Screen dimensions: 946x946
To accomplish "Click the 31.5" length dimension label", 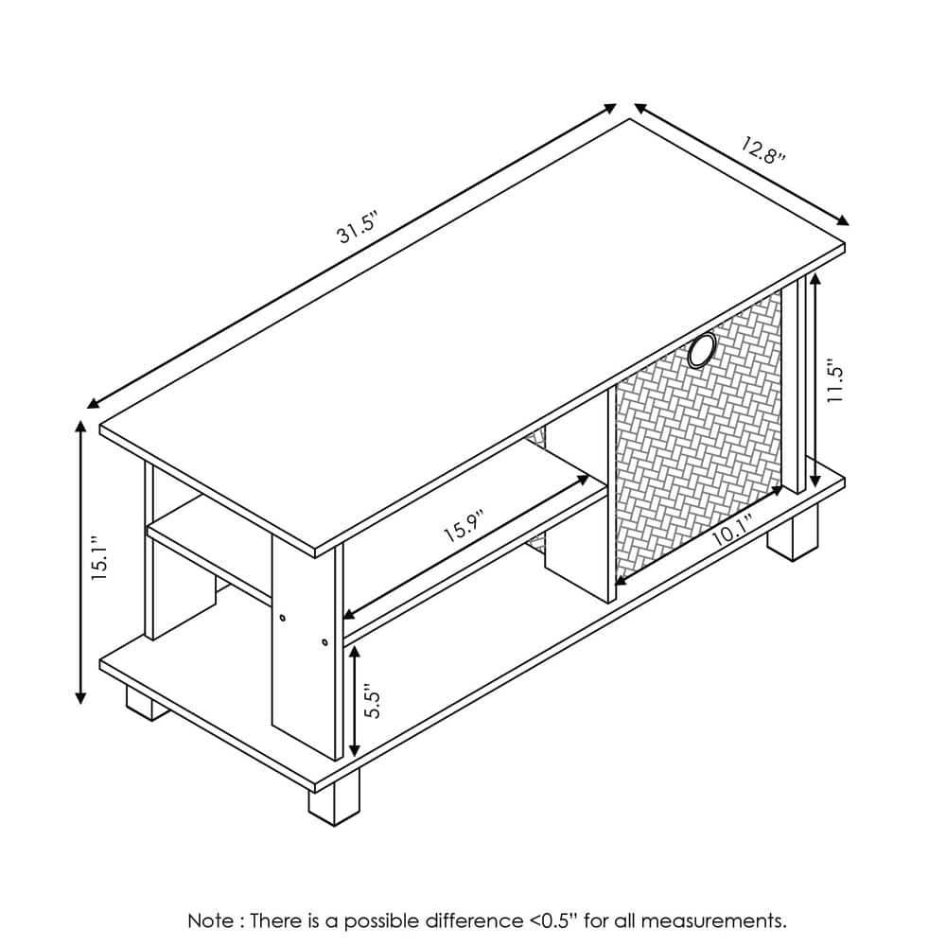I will coord(358,231).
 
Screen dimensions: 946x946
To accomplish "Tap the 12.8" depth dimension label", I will coord(762,150).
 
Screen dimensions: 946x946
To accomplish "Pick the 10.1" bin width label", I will coord(731,533).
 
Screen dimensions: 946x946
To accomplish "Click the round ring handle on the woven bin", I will coord(702,351).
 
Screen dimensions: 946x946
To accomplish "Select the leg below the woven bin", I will coord(793,533).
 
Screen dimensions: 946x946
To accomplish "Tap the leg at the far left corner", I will coord(144,703).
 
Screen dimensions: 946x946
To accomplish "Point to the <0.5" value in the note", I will coord(553,920).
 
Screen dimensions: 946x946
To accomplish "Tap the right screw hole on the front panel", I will coord(324,643).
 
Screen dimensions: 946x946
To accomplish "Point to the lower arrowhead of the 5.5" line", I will coord(354,744).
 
